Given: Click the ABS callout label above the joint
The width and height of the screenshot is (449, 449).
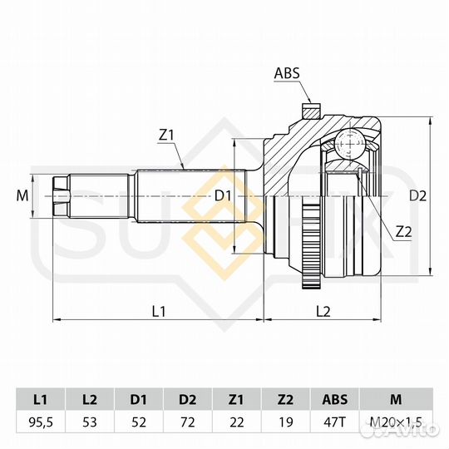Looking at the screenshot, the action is click(x=287, y=73).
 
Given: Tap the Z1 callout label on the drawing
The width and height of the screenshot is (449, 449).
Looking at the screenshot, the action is click(x=166, y=136).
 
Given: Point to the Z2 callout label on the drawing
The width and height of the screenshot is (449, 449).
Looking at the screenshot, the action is click(x=403, y=232).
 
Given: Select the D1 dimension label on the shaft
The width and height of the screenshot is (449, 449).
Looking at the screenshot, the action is click(x=223, y=196).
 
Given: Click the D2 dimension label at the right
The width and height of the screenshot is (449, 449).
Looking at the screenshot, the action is click(x=417, y=196).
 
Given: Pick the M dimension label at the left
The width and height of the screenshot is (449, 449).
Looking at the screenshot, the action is click(x=22, y=196).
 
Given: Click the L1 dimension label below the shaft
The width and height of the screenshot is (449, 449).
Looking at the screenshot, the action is click(x=159, y=311).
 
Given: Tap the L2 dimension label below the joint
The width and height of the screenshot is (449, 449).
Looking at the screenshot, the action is click(x=323, y=311).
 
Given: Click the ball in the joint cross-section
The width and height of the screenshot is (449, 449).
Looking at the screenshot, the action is click(x=350, y=143).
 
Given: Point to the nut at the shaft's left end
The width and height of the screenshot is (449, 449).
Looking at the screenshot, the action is click(x=62, y=196).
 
